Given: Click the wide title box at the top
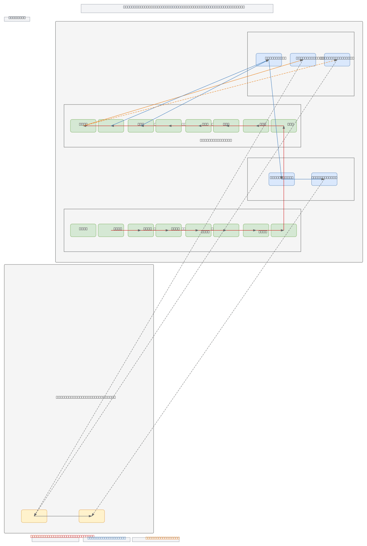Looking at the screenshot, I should click(177, 8).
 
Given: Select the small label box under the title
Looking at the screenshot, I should click(17, 19).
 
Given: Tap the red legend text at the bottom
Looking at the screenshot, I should click(62, 536).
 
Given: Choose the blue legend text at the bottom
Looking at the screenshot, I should click(106, 538).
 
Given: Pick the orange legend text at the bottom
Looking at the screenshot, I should click(162, 538).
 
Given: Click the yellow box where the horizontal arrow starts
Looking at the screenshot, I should click(34, 516).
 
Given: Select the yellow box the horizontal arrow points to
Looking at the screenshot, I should click(91, 516).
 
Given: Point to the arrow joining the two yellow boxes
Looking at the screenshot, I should click(63, 516).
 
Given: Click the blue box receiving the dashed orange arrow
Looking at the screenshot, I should click(337, 60).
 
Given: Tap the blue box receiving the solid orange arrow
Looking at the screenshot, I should click(303, 60).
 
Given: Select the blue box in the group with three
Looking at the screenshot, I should click(269, 60).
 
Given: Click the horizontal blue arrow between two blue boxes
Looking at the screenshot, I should click(303, 179).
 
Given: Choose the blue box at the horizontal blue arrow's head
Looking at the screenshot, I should click(324, 179).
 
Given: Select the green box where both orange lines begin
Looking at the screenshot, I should click(83, 126).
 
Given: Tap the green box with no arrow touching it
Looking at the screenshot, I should click(83, 230).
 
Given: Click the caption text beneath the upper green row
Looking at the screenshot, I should click(216, 140).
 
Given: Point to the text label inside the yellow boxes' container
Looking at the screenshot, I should click(86, 397).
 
